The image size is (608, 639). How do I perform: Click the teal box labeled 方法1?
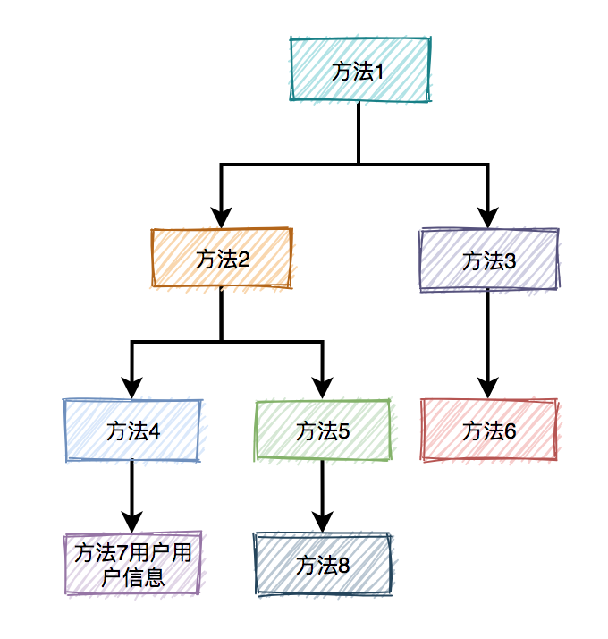click(x=359, y=71)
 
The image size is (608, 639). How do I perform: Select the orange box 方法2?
click(x=222, y=260)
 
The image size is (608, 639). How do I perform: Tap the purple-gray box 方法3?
click(x=489, y=260)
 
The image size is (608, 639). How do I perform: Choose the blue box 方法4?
click(x=132, y=430)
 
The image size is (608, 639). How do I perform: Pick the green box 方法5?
click(x=323, y=430)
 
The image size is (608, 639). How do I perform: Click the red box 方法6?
click(x=489, y=430)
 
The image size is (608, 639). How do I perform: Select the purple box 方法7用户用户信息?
click(x=132, y=564)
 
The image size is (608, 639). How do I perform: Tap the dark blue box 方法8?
click(x=323, y=564)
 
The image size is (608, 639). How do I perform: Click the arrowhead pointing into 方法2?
click(x=222, y=217)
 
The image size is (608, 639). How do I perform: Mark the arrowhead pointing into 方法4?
click(x=132, y=388)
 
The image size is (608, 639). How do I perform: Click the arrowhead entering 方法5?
click(x=323, y=388)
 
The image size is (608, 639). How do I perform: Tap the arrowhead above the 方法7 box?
click(x=132, y=522)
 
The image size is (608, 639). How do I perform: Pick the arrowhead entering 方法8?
click(x=323, y=522)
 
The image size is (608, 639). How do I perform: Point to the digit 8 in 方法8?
click(x=343, y=565)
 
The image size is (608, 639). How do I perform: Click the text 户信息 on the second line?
click(x=133, y=575)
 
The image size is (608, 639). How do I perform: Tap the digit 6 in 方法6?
click(x=510, y=431)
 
